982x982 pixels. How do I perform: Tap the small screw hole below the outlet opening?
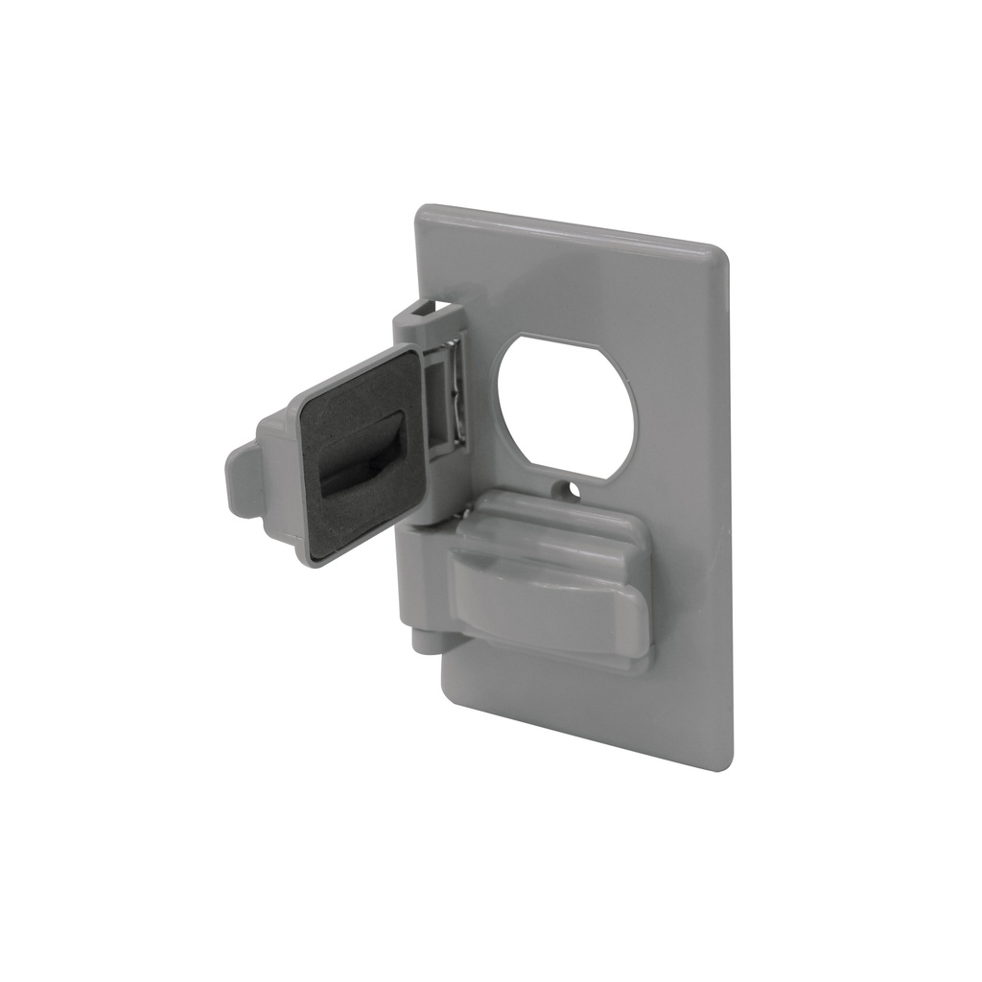tap(573, 490)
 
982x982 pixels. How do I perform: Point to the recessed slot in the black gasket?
tap(361, 456)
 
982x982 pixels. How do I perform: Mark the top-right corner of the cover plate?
tap(721, 252)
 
